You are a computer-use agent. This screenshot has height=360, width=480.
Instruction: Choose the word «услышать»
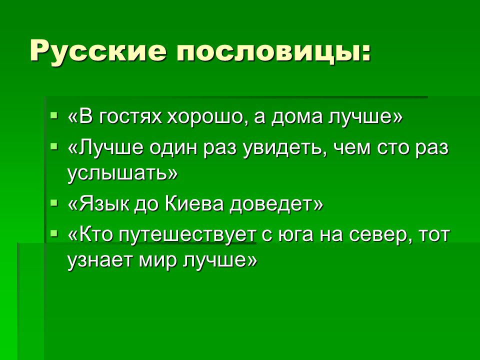coord(118,173)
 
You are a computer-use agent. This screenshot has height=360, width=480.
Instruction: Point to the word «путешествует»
coord(187,235)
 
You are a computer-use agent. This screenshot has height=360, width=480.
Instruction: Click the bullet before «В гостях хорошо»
coord(54,115)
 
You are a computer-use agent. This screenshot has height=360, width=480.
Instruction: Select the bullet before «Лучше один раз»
coord(54,146)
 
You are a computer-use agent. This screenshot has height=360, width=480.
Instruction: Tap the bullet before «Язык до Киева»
coord(54,202)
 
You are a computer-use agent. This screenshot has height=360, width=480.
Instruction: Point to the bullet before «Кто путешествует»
coord(54,234)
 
